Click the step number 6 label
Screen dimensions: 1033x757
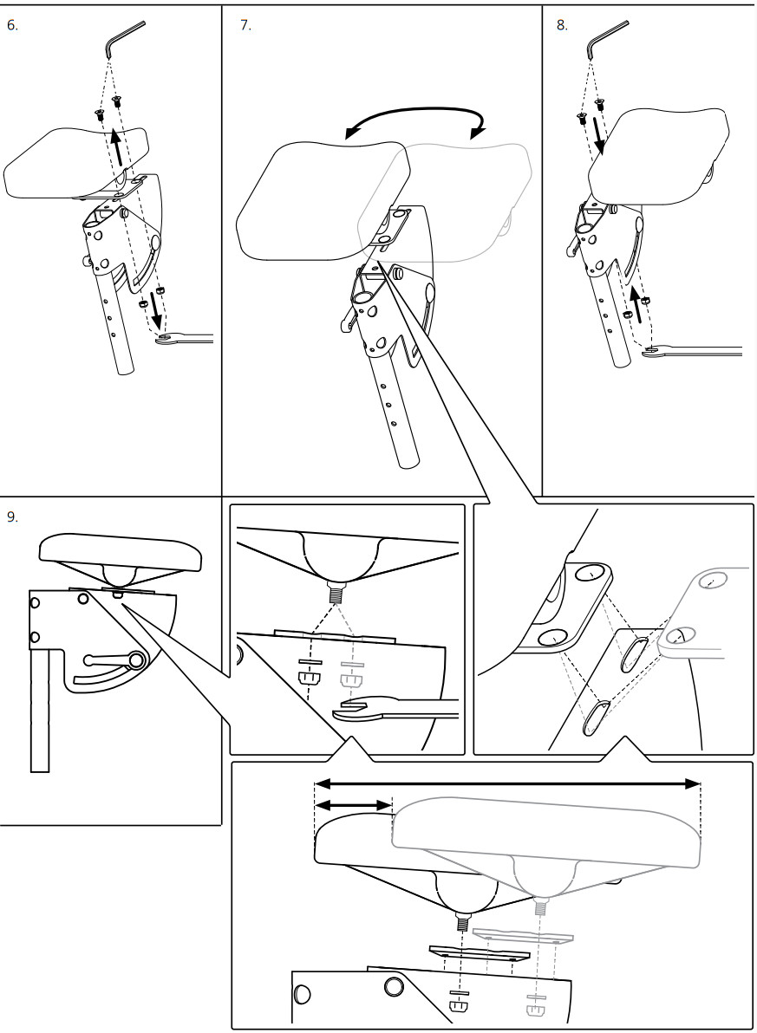[x=12, y=25]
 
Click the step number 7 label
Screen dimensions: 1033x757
[x=245, y=25]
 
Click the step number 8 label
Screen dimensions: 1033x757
[x=562, y=25]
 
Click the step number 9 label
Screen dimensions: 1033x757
[x=12, y=516]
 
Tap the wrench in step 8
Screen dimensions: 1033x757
[x=694, y=350]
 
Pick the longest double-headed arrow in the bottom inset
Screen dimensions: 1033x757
[x=506, y=783]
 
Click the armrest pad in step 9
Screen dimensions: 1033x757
[x=121, y=550]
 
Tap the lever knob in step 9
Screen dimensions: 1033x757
[x=136, y=660]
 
